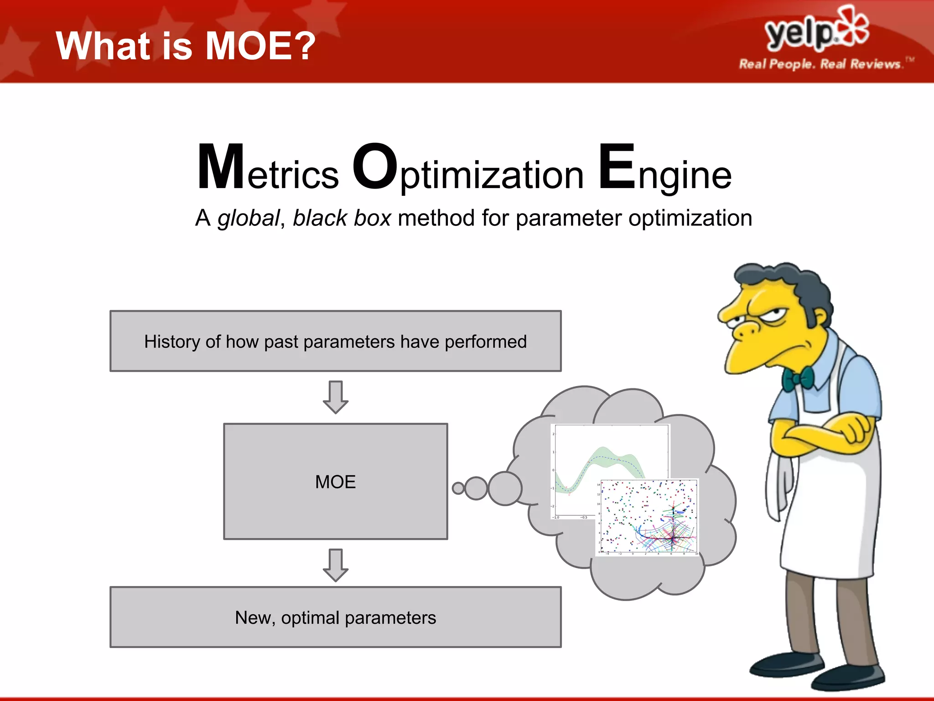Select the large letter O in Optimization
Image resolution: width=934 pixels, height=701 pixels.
tap(375, 167)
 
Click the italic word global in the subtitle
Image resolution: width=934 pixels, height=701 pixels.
tap(248, 218)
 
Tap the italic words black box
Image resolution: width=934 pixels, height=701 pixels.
tap(342, 218)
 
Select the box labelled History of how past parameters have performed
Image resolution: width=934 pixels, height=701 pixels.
tap(335, 341)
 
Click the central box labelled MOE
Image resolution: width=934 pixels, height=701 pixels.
tap(335, 481)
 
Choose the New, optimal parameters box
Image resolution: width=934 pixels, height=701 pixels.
tap(335, 617)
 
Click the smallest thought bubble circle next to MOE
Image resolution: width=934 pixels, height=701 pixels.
tap(458, 488)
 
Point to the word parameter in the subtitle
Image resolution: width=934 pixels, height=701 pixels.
tap(569, 218)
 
